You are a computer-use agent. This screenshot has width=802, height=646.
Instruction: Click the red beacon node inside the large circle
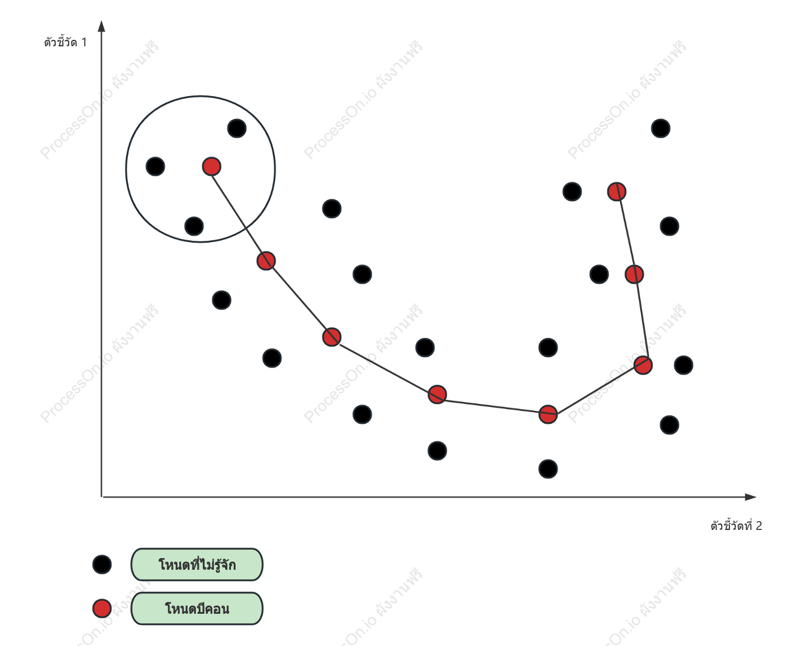pyautogui.click(x=211, y=166)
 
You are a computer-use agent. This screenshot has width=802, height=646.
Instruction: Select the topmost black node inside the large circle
pyautogui.click(x=237, y=128)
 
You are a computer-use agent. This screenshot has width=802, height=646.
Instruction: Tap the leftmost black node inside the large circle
pyautogui.click(x=155, y=166)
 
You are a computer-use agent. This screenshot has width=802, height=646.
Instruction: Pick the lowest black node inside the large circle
pyautogui.click(x=194, y=226)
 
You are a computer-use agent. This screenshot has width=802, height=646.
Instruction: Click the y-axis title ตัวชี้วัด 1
pyautogui.click(x=65, y=42)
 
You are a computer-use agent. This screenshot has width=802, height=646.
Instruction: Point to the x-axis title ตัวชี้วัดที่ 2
pyautogui.click(x=736, y=526)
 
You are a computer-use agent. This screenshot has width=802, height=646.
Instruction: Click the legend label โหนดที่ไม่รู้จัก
pyautogui.click(x=197, y=565)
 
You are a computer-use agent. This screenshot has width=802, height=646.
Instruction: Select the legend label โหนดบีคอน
pyautogui.click(x=197, y=608)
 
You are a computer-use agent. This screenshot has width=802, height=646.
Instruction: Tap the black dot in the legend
pyautogui.click(x=102, y=565)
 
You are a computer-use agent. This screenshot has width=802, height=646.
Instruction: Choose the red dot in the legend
pyautogui.click(x=102, y=608)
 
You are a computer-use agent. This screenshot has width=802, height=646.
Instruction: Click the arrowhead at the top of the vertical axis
pyautogui.click(x=101, y=26)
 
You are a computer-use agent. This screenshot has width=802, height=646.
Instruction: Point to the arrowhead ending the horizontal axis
pyautogui.click(x=750, y=497)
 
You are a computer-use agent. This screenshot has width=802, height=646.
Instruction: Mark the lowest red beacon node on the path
pyautogui.click(x=548, y=414)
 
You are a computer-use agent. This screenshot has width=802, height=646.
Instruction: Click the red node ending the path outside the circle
pyautogui.click(x=617, y=192)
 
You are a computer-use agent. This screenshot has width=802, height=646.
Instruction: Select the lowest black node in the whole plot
pyautogui.click(x=548, y=469)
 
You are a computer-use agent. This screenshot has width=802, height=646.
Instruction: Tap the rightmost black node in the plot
pyautogui.click(x=684, y=365)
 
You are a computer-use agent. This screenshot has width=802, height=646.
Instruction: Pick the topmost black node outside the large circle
pyautogui.click(x=661, y=128)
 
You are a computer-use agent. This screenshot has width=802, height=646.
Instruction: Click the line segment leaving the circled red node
pyautogui.click(x=239, y=213)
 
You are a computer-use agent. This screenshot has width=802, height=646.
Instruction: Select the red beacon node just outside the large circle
pyautogui.click(x=266, y=261)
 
